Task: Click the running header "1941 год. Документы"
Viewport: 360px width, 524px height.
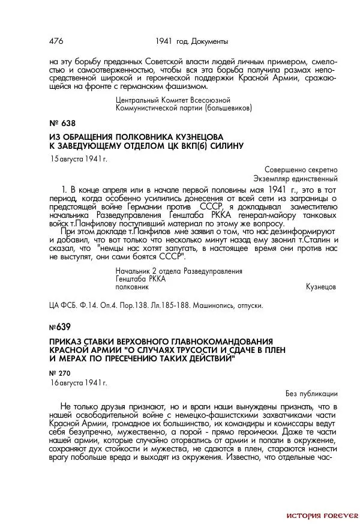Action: pyautogui.click(x=191, y=41)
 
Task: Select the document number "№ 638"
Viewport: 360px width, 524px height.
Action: pyautogui.click(x=62, y=122)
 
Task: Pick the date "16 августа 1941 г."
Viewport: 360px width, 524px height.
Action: pyautogui.click(x=78, y=382)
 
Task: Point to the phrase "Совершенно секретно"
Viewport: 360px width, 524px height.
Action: pyautogui.click(x=301, y=170)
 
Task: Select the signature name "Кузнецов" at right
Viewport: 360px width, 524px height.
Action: pyautogui.click(x=321, y=288)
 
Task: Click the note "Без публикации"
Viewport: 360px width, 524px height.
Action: pyautogui.click(x=311, y=394)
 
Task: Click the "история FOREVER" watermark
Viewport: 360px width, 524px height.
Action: pyautogui.click(x=322, y=515)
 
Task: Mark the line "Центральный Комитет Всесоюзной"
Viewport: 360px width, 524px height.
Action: pyautogui.click(x=173, y=100)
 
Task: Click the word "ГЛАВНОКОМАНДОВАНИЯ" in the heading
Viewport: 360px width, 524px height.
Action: pyautogui.click(x=221, y=340)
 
